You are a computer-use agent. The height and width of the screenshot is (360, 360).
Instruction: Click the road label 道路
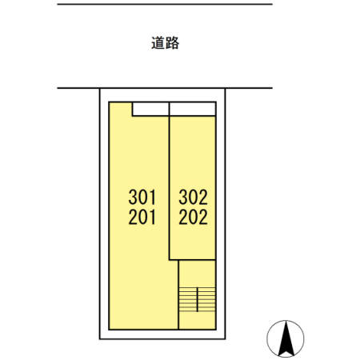(x=165, y=43)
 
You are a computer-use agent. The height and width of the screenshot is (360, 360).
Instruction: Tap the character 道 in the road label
(x=158, y=43)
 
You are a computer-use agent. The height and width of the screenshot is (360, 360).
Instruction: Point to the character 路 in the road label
(x=172, y=43)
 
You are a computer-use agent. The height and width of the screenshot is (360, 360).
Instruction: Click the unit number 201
(x=143, y=216)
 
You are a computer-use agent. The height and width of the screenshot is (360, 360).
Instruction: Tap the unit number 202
(x=193, y=216)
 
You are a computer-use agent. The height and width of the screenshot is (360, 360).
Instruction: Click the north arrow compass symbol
(x=285, y=338)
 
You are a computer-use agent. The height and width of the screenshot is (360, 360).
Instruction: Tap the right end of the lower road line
(x=273, y=88)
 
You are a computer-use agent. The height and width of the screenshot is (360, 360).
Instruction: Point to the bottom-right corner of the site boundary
(x=226, y=339)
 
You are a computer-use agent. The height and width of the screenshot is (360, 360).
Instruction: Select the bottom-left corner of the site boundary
(x=99, y=339)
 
